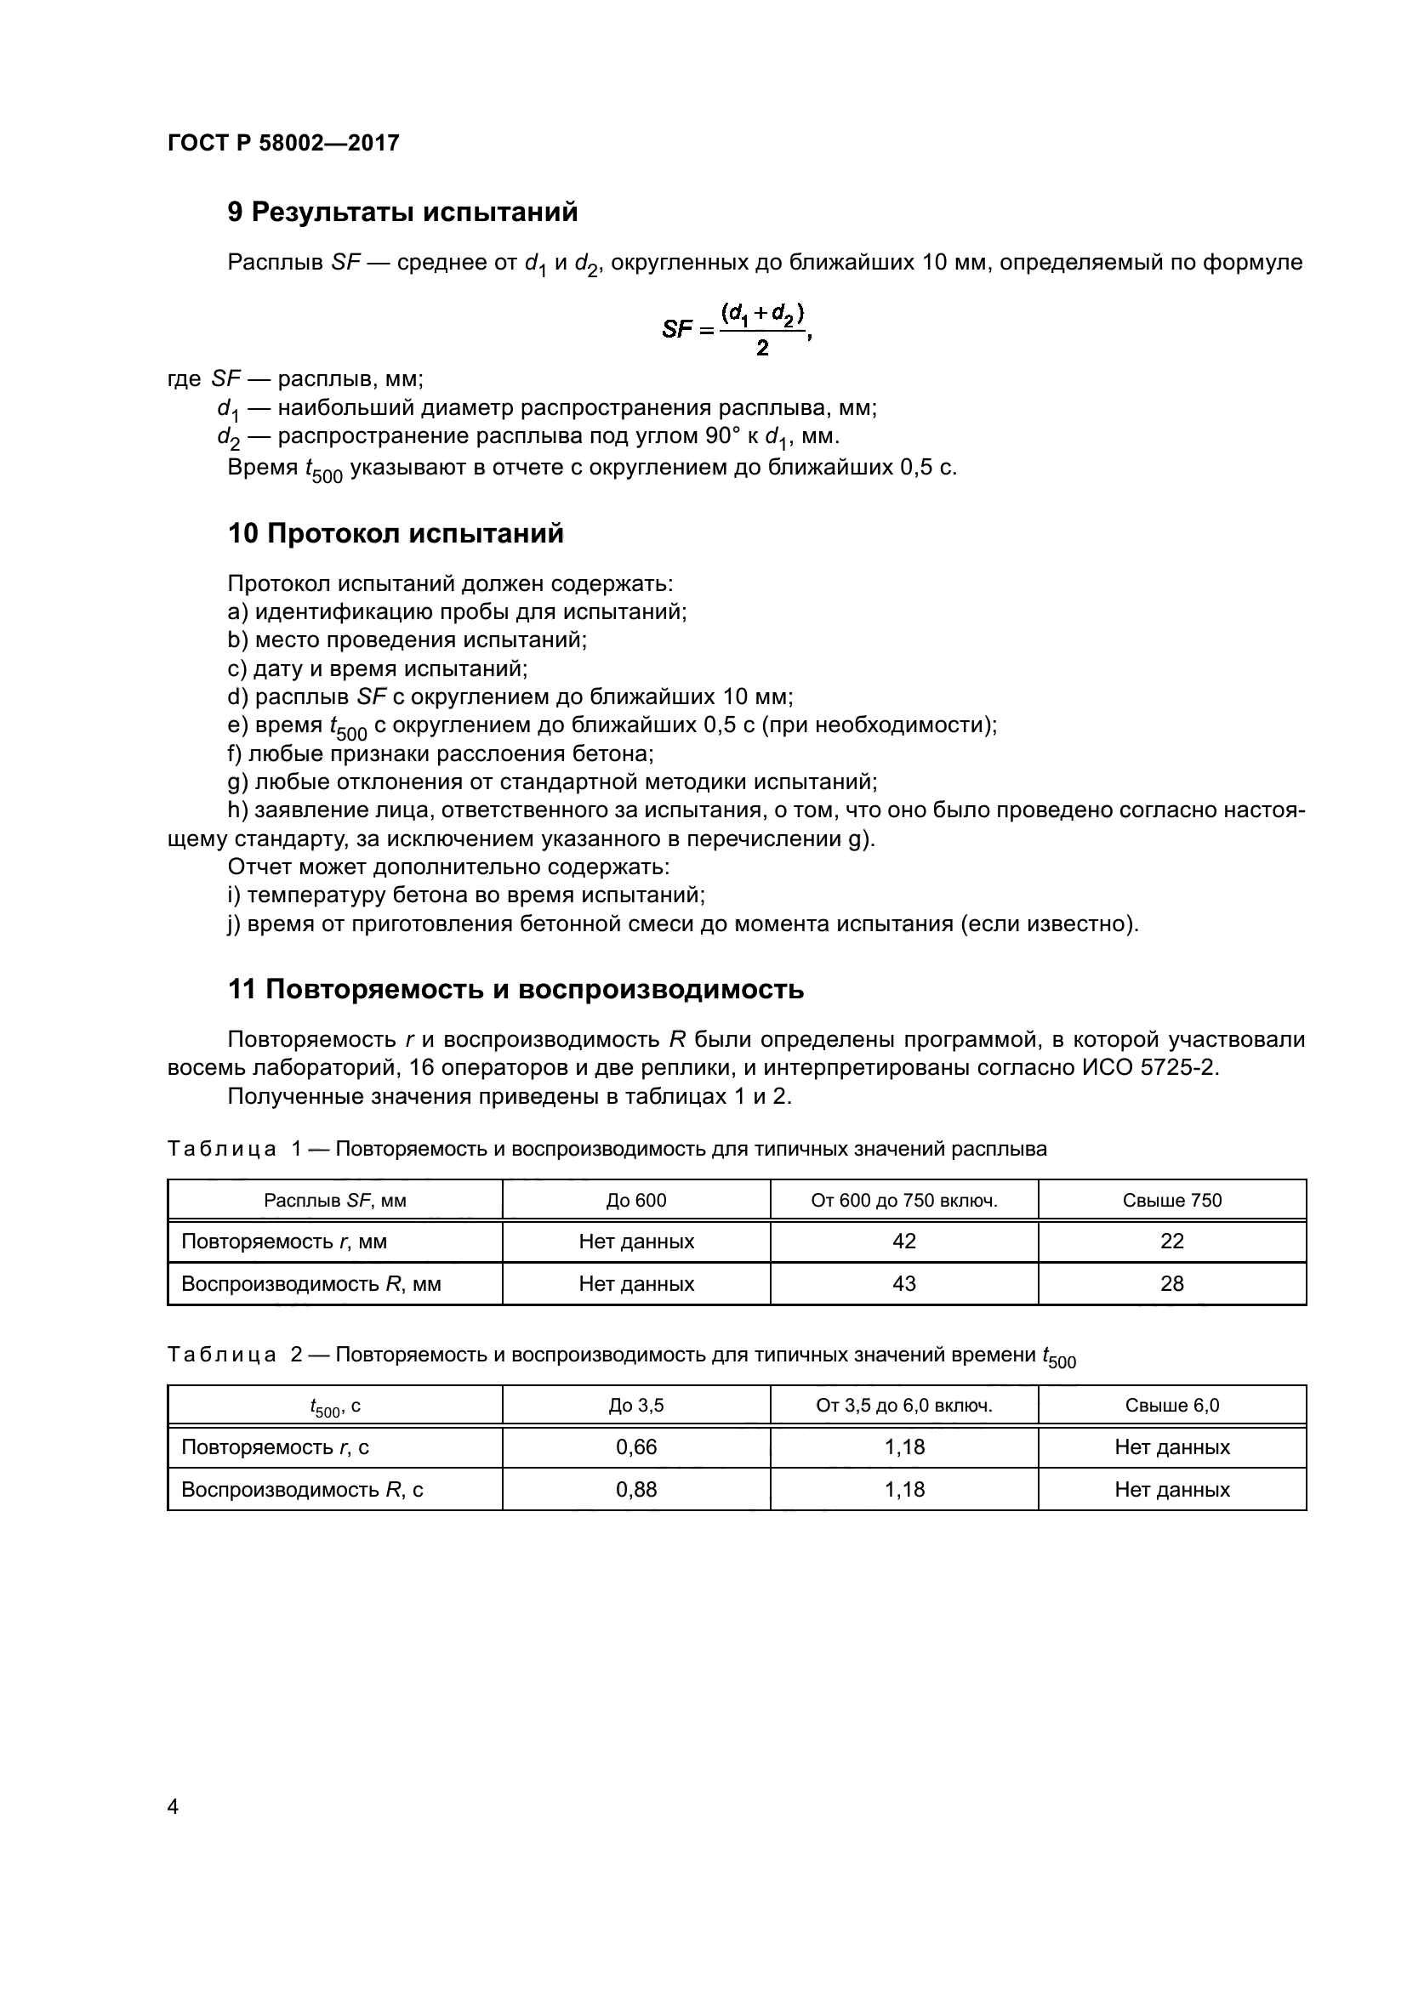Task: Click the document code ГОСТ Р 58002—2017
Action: click(x=283, y=143)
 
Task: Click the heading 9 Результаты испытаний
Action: click(x=403, y=213)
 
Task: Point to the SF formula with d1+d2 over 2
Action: click(x=737, y=329)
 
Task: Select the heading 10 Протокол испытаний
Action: click(x=395, y=534)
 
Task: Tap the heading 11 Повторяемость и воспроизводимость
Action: click(x=516, y=989)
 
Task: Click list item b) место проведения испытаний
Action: click(x=407, y=640)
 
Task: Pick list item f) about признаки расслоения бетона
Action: click(x=440, y=753)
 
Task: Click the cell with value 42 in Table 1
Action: click(x=903, y=1242)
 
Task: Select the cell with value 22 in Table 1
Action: click(x=1171, y=1242)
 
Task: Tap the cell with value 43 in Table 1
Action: click(x=903, y=1284)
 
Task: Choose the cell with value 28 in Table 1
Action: click(x=1171, y=1284)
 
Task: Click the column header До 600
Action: click(x=636, y=1200)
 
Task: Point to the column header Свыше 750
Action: click(x=1171, y=1200)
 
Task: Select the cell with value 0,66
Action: click(x=636, y=1446)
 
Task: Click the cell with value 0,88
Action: click(x=636, y=1489)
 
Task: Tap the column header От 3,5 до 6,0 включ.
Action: click(x=903, y=1405)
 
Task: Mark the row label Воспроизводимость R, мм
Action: click(x=311, y=1284)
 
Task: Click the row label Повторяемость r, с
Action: click(x=275, y=1446)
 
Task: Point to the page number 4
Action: click(x=173, y=1807)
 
